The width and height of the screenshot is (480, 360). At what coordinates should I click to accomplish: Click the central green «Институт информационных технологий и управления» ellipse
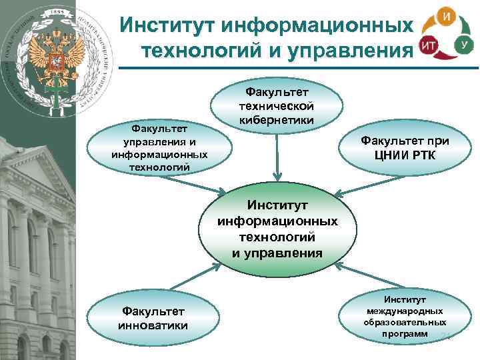[x=277, y=228]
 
